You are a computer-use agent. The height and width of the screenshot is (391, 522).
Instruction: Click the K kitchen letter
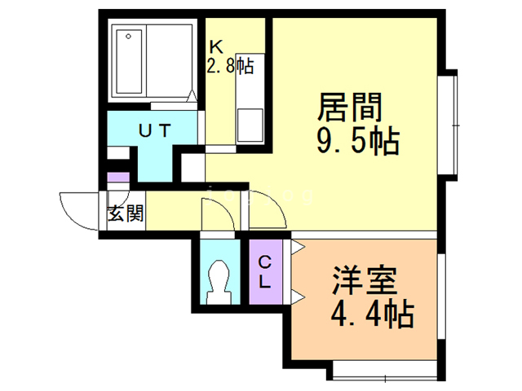click(x=215, y=46)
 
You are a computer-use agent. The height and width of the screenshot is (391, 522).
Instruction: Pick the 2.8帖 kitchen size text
click(x=231, y=65)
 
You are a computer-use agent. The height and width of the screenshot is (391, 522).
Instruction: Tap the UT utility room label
click(x=155, y=129)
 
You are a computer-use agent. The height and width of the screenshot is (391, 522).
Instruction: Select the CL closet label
click(x=265, y=272)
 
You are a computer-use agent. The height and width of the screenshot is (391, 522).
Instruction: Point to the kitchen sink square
click(x=249, y=126)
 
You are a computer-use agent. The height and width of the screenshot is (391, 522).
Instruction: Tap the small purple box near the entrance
click(x=119, y=178)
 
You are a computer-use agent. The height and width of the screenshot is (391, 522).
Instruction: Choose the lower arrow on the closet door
click(x=298, y=294)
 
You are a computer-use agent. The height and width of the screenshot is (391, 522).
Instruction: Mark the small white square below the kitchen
click(x=193, y=168)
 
